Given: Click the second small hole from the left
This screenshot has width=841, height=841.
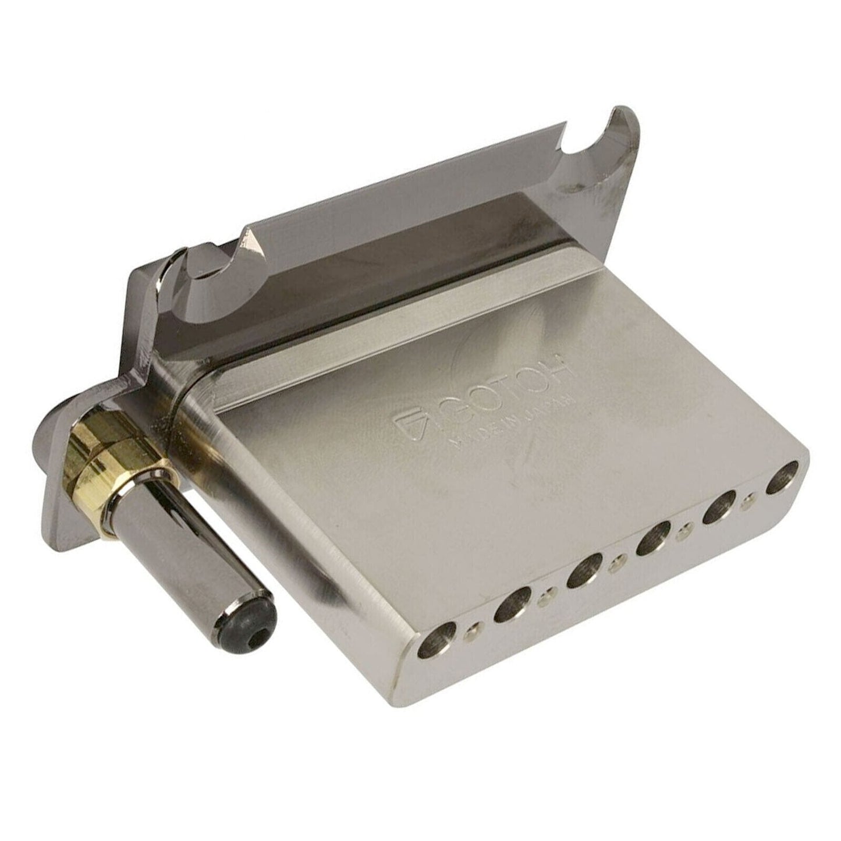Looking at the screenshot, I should [x=545, y=592].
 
